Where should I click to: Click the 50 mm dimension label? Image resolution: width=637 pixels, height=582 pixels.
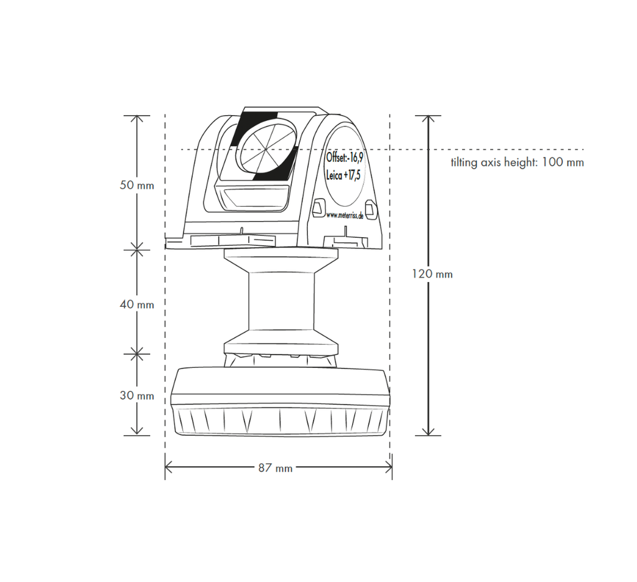point(137,185)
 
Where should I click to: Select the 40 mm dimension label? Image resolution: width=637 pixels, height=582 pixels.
point(137,304)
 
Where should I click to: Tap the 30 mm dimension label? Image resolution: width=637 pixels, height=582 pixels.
point(137,395)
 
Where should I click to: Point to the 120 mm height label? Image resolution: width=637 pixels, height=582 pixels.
point(432,274)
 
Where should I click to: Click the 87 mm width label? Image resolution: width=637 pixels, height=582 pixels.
point(276,468)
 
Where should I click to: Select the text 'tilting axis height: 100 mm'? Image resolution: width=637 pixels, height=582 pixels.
point(517,162)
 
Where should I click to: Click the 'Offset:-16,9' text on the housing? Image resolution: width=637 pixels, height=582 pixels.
point(345,157)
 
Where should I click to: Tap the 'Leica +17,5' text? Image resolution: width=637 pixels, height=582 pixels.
point(343,175)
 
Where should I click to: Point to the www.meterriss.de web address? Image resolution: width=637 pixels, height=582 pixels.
point(345,216)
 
